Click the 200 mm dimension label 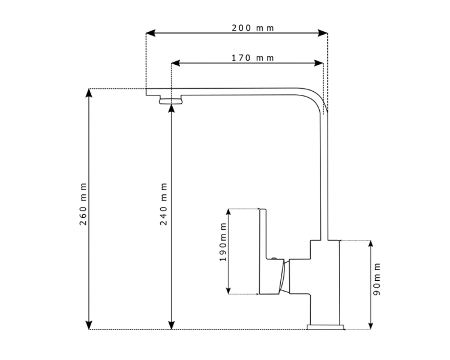[x=252, y=28]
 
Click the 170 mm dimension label [x=252, y=58]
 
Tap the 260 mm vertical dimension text [x=83, y=205]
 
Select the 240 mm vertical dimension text [x=164, y=205]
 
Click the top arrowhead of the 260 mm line [x=89, y=94]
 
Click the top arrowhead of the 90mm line [x=370, y=244]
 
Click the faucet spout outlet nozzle [x=172, y=100]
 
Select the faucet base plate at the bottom [x=326, y=327]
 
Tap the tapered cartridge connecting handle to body [x=283, y=277]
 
